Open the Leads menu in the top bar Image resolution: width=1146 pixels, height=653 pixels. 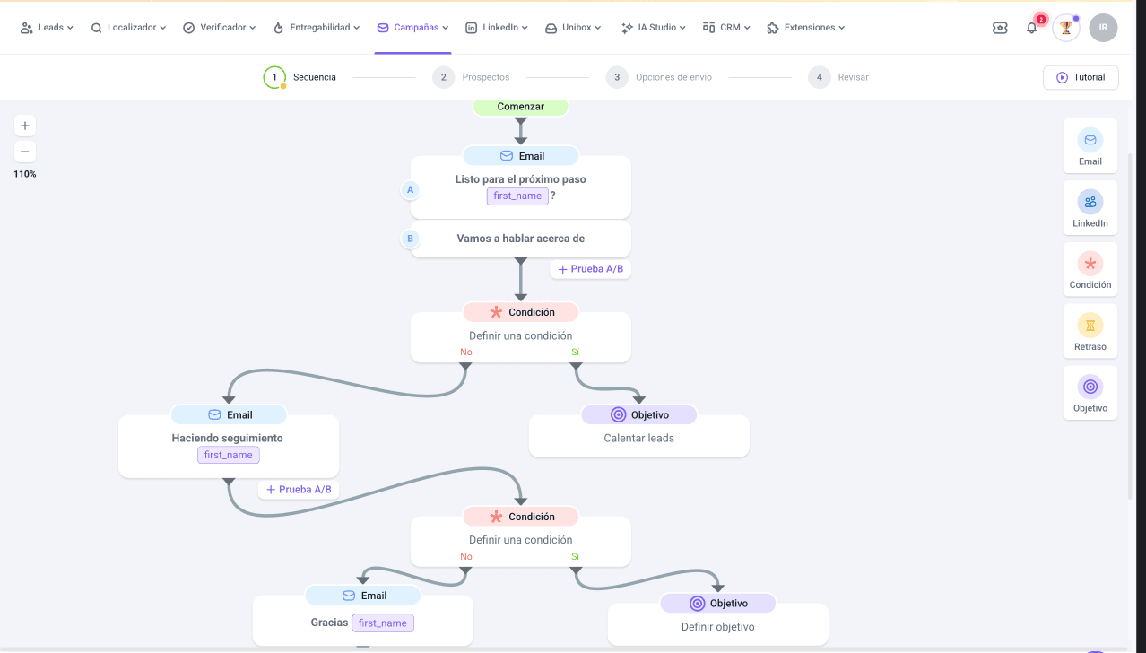47,28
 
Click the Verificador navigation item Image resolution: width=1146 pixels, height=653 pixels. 219,28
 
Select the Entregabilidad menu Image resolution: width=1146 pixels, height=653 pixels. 317,28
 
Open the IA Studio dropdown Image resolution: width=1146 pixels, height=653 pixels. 653,28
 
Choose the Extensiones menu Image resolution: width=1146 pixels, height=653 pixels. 806,28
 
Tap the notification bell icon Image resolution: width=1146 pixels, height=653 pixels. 1031,28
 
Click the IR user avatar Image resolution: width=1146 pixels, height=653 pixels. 1103,28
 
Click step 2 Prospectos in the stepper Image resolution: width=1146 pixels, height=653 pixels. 471,77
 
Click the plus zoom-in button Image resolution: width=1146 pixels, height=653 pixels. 25,126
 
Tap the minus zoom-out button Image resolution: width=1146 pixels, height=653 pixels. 25,152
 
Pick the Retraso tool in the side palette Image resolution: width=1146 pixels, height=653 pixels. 1090,331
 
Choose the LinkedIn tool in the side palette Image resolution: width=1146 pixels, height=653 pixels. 1090,208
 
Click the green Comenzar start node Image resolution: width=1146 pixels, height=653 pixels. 520,107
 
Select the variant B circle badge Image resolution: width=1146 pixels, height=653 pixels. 410,239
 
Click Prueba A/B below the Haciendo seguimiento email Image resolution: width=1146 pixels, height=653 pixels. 299,489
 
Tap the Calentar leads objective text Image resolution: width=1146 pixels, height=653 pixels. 639,438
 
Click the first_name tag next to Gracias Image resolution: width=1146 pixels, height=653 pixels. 383,623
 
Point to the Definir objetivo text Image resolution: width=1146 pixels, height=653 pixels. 717,627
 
